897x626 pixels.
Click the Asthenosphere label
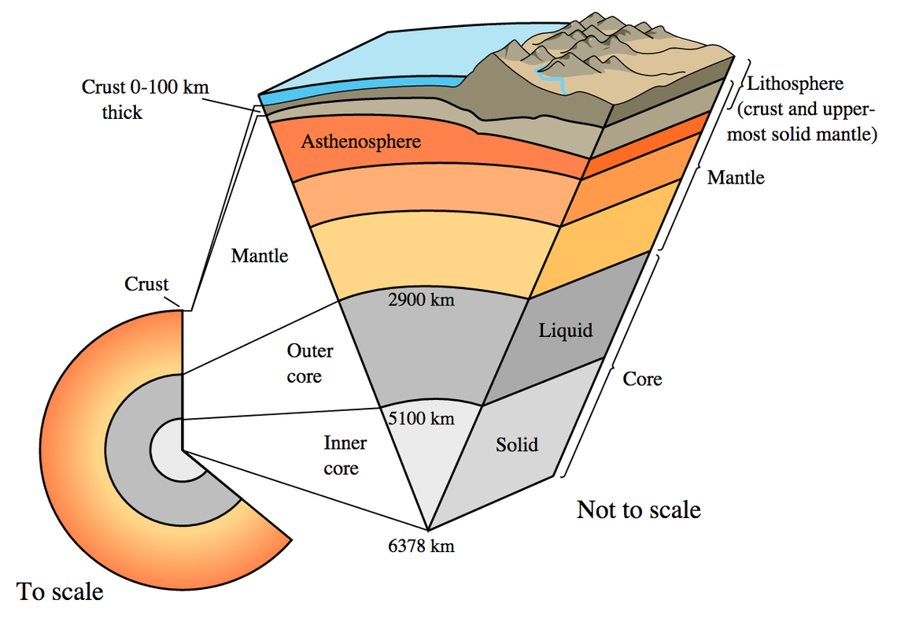pyautogui.click(x=360, y=143)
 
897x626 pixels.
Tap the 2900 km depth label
pyautogui.click(x=422, y=300)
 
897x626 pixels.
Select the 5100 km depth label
pyautogui.click(x=422, y=418)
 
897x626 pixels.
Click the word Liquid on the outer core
pyautogui.click(x=565, y=330)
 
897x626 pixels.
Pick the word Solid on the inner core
pyautogui.click(x=517, y=445)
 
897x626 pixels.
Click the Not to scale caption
pyautogui.click(x=638, y=509)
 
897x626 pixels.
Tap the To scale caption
pyautogui.click(x=60, y=591)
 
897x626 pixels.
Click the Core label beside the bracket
pyautogui.click(x=642, y=379)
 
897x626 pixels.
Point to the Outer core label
pyautogui.click(x=309, y=363)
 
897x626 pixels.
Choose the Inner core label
pyautogui.click(x=341, y=455)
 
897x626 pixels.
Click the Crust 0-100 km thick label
pyautogui.click(x=146, y=99)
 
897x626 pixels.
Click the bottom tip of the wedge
pyautogui.click(x=428, y=530)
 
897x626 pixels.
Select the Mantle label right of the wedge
pyautogui.click(x=736, y=177)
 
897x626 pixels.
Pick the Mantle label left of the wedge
pyautogui.click(x=260, y=256)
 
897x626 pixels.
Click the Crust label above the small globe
pyautogui.click(x=146, y=284)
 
